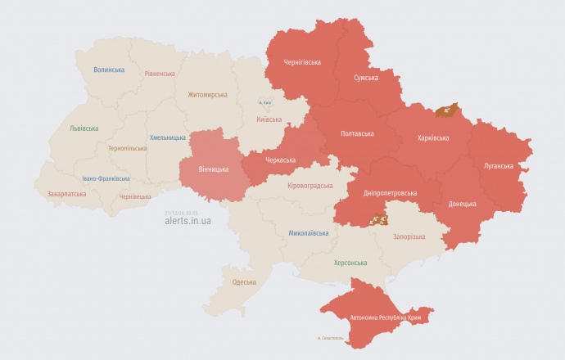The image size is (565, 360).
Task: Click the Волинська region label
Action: (108, 70)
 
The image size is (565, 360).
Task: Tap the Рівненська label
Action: (159, 74)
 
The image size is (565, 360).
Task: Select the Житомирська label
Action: (207, 95)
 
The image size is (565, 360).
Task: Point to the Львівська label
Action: (84, 128)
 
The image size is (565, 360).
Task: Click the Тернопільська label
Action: (127, 149)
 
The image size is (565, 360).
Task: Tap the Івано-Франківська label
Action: (106, 178)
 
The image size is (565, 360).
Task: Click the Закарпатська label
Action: (66, 195)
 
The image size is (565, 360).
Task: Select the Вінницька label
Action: (214, 169)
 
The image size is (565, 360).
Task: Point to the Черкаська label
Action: (280, 160)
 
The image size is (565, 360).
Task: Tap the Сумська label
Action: (365, 78)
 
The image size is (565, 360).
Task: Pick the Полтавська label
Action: (357, 133)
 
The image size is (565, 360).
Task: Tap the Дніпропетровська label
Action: (388, 193)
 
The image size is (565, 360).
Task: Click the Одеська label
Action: (244, 282)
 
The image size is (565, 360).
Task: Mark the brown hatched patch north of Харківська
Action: (446, 109)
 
